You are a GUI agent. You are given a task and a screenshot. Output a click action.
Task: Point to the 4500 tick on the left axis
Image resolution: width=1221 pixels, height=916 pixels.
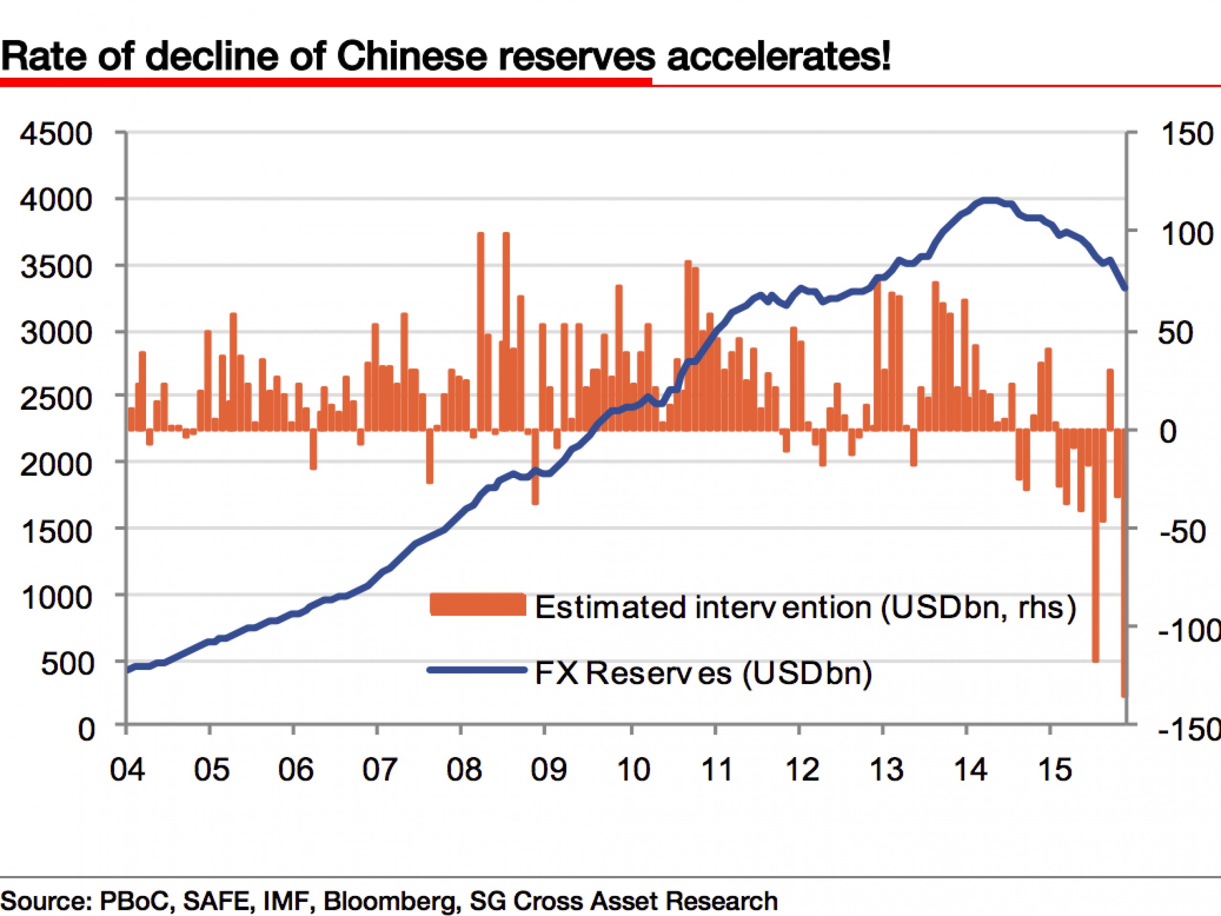56,134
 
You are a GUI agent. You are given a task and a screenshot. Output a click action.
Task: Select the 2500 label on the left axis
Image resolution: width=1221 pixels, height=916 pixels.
56,398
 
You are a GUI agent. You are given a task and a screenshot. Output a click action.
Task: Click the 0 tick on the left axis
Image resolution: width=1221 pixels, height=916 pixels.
86,729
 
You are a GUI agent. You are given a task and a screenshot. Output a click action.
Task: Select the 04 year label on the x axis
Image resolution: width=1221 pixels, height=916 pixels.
127,769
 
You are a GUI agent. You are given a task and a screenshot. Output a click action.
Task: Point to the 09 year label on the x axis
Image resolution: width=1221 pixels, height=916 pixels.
548,769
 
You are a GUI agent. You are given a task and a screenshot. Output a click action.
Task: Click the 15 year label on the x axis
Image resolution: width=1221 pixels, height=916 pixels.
1054,769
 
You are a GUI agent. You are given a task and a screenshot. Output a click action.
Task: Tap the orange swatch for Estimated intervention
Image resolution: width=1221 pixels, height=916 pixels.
478,604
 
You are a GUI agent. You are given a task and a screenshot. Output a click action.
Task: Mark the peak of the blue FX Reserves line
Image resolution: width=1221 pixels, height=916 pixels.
989,200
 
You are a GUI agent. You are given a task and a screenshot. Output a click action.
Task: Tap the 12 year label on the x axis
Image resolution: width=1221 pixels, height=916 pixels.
802,769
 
